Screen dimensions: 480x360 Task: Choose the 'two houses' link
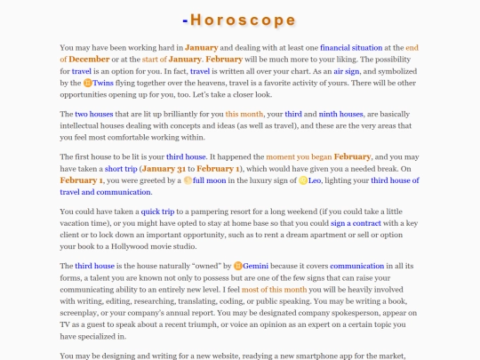pyautogui.click(x=93, y=115)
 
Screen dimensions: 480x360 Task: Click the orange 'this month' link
pyautogui.click(x=244, y=115)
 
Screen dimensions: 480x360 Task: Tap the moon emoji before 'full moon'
pyautogui.click(x=188, y=192)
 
